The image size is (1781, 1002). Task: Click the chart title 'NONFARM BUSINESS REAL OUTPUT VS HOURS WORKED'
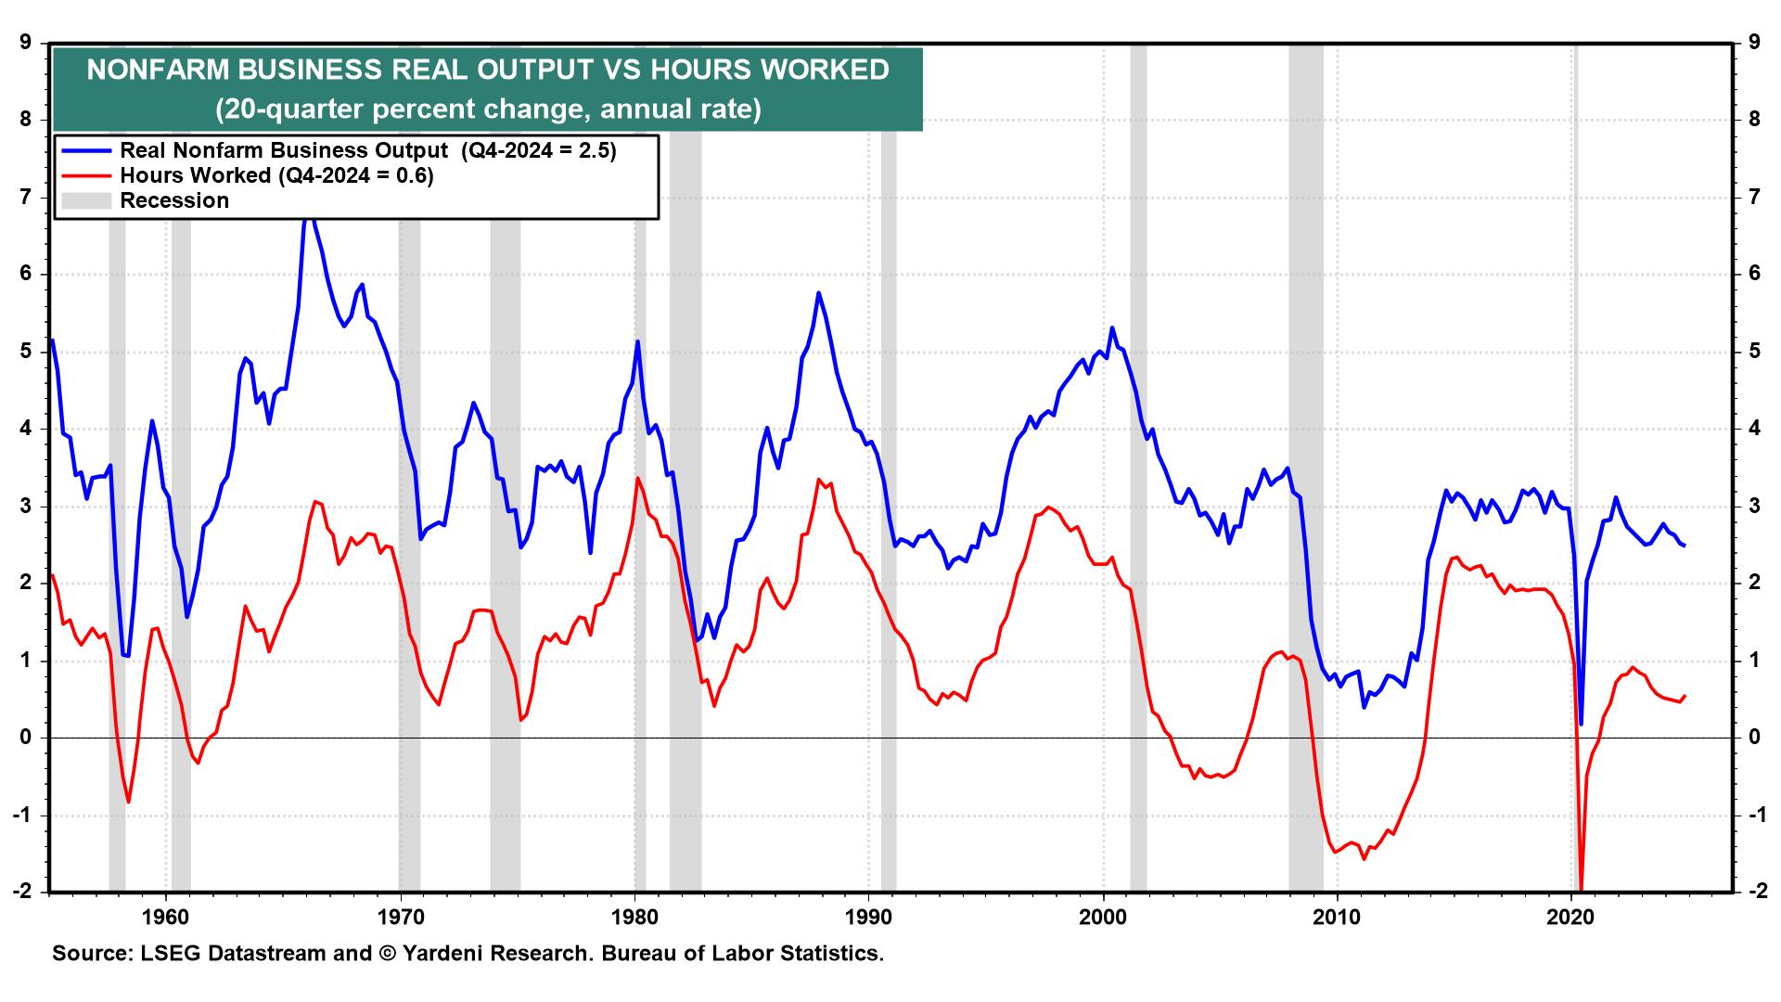(x=488, y=71)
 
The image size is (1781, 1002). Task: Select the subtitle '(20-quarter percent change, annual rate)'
(x=488, y=109)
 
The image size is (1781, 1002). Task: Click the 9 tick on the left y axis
(x=26, y=42)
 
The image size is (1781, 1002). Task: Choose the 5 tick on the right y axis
(x=1753, y=352)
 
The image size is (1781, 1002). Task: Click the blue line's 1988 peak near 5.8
(x=818, y=293)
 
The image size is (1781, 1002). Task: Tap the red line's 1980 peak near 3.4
(x=637, y=478)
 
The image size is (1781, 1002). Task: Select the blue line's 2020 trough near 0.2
(x=1581, y=724)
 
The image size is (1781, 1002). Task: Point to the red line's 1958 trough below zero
(x=129, y=803)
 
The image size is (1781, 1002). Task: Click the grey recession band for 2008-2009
(x=1305, y=464)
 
